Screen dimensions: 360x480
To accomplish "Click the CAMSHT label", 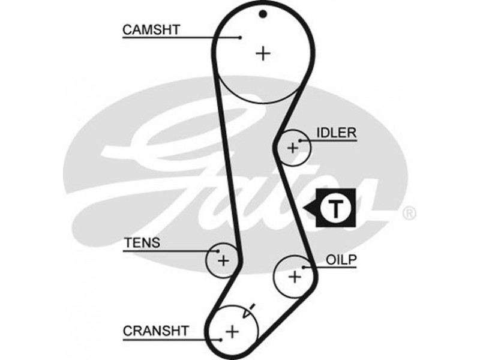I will point(151,29).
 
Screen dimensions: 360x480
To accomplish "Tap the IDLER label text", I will point(337,132).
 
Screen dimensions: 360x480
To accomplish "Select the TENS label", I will point(142,243).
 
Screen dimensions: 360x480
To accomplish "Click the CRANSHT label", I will point(155,330).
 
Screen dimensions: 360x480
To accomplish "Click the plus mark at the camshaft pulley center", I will point(263,53).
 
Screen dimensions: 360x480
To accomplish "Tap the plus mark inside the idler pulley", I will point(293,146).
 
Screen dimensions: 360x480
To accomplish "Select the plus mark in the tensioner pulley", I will point(223,260).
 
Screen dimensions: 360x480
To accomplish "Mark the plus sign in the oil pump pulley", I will point(294,277).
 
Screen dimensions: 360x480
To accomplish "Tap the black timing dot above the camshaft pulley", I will point(262,14).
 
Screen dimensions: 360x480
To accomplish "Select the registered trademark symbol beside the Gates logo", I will point(408,212).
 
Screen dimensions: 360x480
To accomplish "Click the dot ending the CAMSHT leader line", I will point(240,37).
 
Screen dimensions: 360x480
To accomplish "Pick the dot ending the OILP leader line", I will point(305,266).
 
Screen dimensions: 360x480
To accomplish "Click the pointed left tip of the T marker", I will point(305,209).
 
